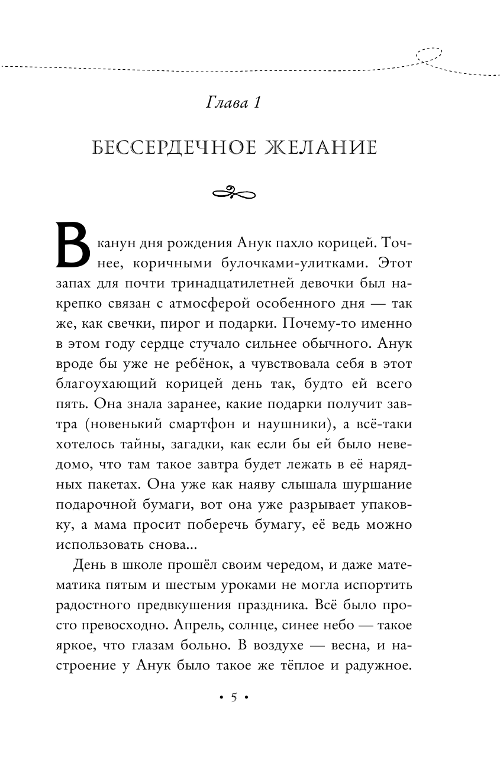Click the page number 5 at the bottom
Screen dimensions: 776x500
[233, 698]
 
